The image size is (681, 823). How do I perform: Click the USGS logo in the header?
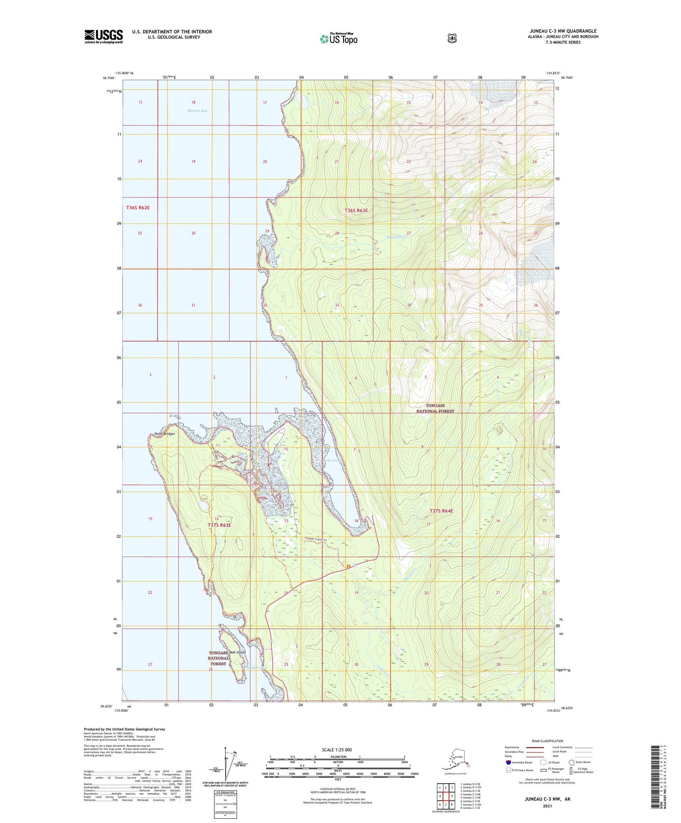click(x=104, y=36)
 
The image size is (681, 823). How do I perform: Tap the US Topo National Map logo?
click(x=338, y=38)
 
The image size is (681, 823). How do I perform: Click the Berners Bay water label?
click(x=197, y=111)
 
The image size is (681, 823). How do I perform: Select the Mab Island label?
click(x=237, y=652)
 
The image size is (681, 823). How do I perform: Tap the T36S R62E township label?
click(x=138, y=208)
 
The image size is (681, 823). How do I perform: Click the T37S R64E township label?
click(x=441, y=511)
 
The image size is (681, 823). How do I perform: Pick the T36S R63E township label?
click(x=356, y=211)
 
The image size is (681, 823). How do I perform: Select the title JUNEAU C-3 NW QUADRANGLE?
click(x=563, y=31)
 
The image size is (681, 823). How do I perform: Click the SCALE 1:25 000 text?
click(x=336, y=750)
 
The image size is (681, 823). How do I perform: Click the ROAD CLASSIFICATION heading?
click(x=547, y=741)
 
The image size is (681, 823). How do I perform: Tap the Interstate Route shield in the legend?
click(x=508, y=762)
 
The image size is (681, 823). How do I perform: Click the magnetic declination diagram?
click(x=228, y=765)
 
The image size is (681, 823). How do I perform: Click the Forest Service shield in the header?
click(x=452, y=38)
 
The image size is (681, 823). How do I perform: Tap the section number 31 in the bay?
click(x=193, y=305)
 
